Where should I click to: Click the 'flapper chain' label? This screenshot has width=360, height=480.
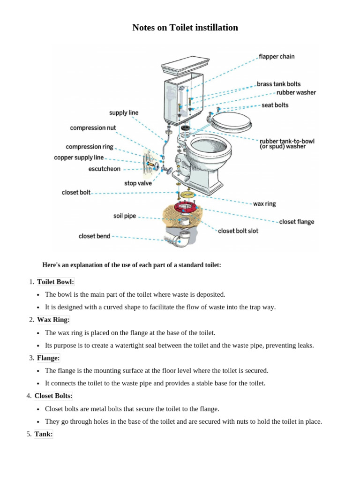point(277,57)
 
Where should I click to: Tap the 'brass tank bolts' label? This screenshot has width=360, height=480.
point(278,84)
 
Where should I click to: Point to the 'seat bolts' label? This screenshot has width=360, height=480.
point(275,105)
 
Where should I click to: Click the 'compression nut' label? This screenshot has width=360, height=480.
point(93,128)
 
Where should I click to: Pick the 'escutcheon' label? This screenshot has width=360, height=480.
point(104,169)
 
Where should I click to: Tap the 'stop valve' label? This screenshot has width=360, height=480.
point(138,183)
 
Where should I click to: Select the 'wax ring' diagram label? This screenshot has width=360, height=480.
point(264,204)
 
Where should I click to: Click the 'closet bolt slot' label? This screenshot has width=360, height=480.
point(238,231)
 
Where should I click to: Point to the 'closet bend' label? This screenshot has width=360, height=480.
point(94,236)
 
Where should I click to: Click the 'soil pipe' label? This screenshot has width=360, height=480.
point(124,216)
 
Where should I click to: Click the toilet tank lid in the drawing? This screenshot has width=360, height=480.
point(186,64)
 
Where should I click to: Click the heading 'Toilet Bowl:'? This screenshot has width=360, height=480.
point(55,282)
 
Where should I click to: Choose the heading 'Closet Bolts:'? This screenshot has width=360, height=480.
point(53,396)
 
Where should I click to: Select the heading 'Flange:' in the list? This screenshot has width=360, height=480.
point(48,358)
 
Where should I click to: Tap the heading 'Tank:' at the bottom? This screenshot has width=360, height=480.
point(44,434)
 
